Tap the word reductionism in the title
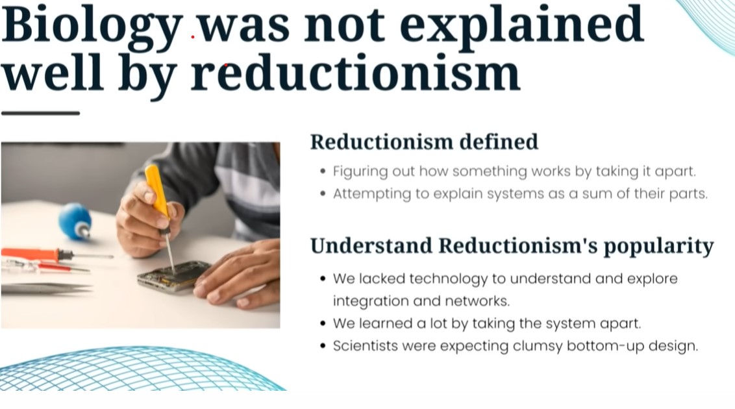point(356,73)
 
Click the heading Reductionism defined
point(424,142)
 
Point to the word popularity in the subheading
point(658,247)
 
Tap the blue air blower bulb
point(75,221)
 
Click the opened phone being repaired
point(173,277)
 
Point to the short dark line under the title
point(41,113)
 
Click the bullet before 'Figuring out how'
point(323,171)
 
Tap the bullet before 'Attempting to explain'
point(323,194)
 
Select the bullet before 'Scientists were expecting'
point(323,346)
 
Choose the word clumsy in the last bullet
point(538,347)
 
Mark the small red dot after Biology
point(193,36)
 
